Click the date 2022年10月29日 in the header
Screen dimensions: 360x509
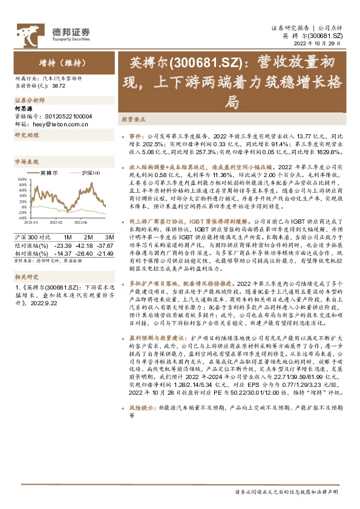(321, 43)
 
